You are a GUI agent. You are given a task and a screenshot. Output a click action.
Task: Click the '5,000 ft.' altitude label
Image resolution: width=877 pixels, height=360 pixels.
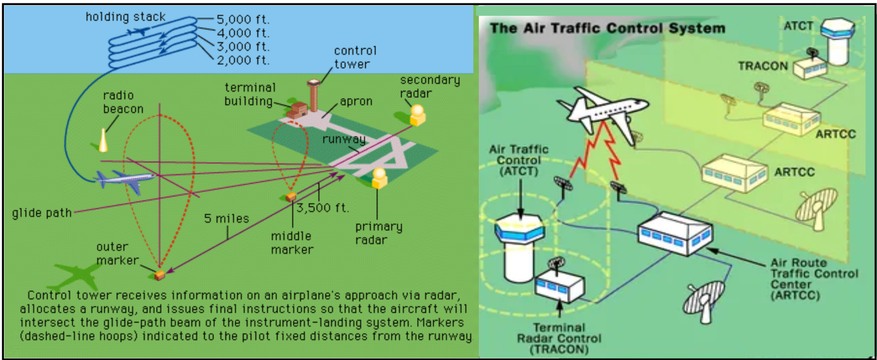click(x=243, y=19)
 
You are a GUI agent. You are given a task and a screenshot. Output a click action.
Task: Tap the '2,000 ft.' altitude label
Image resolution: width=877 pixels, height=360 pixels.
click(x=243, y=60)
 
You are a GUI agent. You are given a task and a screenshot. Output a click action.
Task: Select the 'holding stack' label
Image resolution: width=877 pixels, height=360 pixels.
click(x=125, y=16)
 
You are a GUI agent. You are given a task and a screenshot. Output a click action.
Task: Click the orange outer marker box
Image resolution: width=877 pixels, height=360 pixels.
click(x=160, y=274)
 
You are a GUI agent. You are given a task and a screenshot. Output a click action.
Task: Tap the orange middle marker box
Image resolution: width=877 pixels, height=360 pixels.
click(x=291, y=197)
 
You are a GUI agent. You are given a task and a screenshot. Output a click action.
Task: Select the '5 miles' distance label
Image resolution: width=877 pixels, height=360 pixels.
click(x=226, y=219)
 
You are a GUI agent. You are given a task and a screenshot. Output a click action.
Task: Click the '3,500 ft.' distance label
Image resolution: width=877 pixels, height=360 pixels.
click(x=322, y=208)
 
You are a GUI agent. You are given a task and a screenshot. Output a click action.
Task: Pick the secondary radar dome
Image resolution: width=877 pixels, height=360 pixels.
click(x=418, y=115)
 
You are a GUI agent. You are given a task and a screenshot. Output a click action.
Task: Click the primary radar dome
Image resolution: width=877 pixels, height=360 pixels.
click(x=379, y=178)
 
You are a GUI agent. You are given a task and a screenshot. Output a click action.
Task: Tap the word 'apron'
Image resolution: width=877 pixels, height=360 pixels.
click(x=356, y=101)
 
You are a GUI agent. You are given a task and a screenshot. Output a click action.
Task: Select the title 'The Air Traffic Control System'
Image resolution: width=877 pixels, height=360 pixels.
click(x=607, y=28)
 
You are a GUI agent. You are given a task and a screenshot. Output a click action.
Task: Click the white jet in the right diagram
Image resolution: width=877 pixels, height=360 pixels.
click(x=603, y=113)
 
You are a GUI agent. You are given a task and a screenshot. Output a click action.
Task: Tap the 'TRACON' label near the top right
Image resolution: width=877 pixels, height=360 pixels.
click(x=762, y=66)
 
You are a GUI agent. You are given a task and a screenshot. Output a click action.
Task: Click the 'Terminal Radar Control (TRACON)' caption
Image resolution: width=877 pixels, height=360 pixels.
click(x=559, y=338)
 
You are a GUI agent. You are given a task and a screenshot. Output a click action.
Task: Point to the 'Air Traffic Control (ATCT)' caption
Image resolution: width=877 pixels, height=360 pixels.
click(x=519, y=160)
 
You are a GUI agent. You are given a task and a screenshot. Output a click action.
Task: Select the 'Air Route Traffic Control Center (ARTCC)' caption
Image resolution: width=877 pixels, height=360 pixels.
click(x=814, y=279)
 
